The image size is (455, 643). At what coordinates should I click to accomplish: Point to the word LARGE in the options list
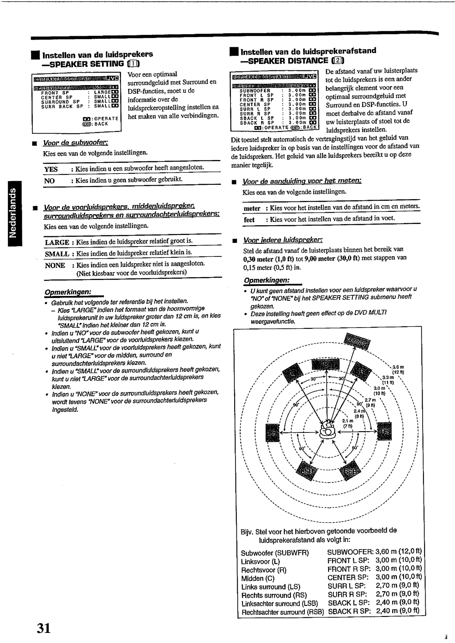click(x=57, y=242)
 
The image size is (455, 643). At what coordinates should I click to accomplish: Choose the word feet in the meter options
click(x=249, y=219)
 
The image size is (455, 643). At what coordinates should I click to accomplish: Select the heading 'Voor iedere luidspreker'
click(x=283, y=240)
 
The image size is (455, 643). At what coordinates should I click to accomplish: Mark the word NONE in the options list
click(x=55, y=265)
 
